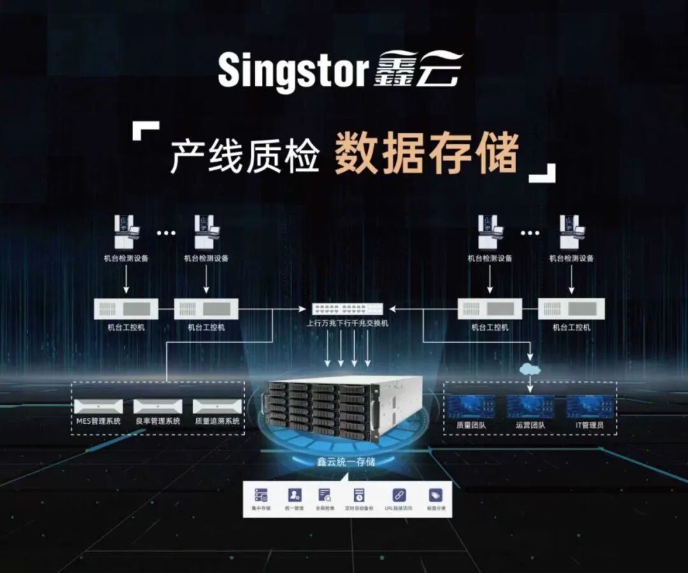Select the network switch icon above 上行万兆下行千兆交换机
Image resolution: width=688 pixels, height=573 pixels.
coord(347,308)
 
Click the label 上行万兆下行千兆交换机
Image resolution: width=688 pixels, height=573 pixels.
coord(347,323)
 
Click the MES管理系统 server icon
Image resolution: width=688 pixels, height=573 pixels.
coord(98,406)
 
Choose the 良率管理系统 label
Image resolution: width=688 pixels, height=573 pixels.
coord(158,421)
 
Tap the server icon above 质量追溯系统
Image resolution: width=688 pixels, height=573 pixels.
coord(217,406)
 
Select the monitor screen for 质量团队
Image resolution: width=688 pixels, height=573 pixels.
coord(470,407)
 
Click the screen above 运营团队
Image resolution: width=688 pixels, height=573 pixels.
coord(530,407)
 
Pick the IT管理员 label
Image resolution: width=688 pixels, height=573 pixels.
coord(590,423)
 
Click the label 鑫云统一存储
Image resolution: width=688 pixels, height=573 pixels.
coord(347,462)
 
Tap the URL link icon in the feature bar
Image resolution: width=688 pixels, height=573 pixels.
coord(399,495)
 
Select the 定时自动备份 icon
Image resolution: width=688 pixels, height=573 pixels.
coord(359,495)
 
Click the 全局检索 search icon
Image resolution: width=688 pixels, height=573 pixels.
coord(325,495)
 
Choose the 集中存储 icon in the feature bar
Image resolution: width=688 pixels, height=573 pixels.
coord(261,495)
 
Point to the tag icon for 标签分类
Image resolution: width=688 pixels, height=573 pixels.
coord(436,495)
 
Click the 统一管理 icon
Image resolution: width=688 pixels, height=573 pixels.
coord(294,495)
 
